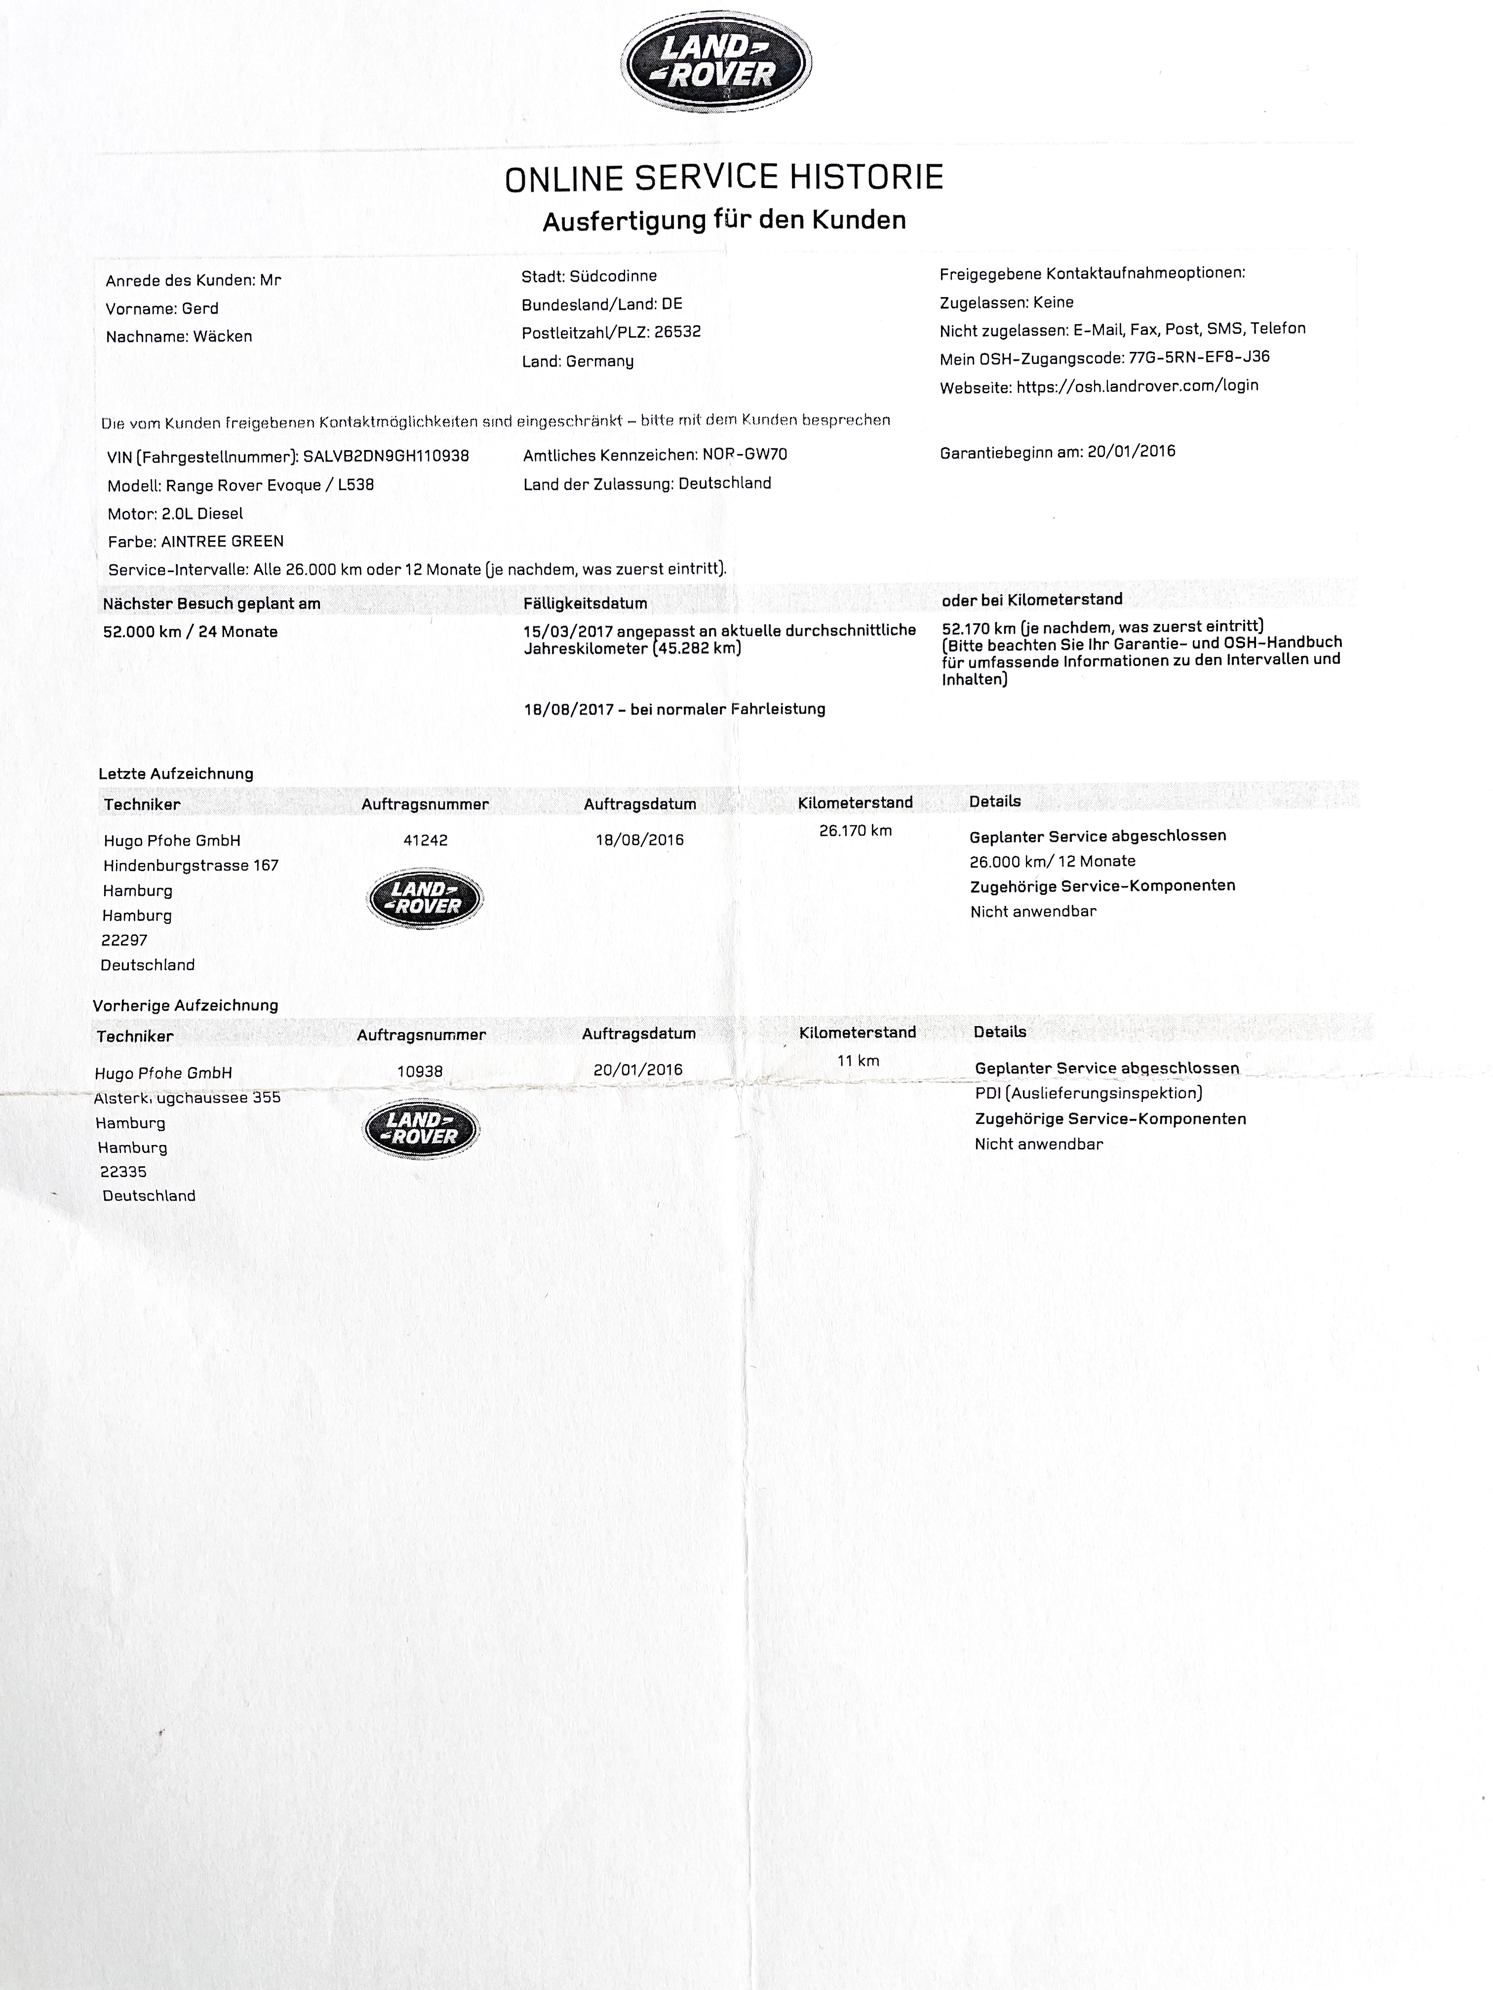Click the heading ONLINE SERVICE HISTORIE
(x=724, y=178)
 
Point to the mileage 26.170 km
(x=855, y=830)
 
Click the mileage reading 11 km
(x=858, y=1061)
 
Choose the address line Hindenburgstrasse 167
(x=191, y=866)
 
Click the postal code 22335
(x=123, y=1171)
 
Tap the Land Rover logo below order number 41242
(x=425, y=898)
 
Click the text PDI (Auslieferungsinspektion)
(x=1088, y=1093)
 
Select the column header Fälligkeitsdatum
(x=585, y=603)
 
